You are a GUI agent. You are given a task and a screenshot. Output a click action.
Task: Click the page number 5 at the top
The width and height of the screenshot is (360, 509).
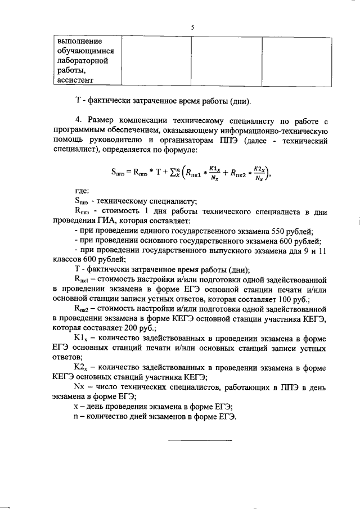pyautogui.click(x=192, y=27)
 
